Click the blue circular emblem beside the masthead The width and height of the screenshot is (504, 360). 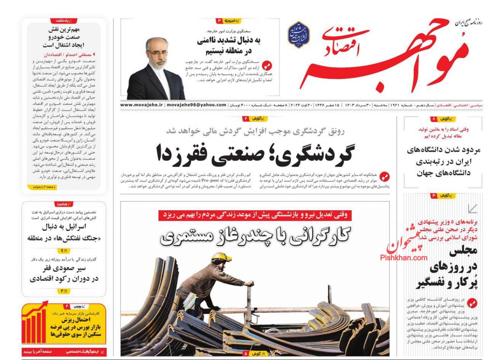[298, 35]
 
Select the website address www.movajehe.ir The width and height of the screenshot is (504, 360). [141, 105]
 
